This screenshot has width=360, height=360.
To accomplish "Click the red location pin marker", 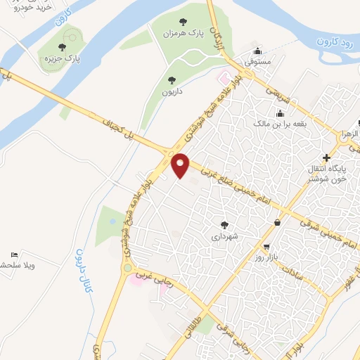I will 181,165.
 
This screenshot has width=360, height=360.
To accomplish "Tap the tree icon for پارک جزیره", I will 62,48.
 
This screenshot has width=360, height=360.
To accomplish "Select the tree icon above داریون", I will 171,80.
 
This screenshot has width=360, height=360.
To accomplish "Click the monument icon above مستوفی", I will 259,51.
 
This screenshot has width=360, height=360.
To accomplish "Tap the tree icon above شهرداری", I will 224,225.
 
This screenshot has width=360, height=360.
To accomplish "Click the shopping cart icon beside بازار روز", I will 266,247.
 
